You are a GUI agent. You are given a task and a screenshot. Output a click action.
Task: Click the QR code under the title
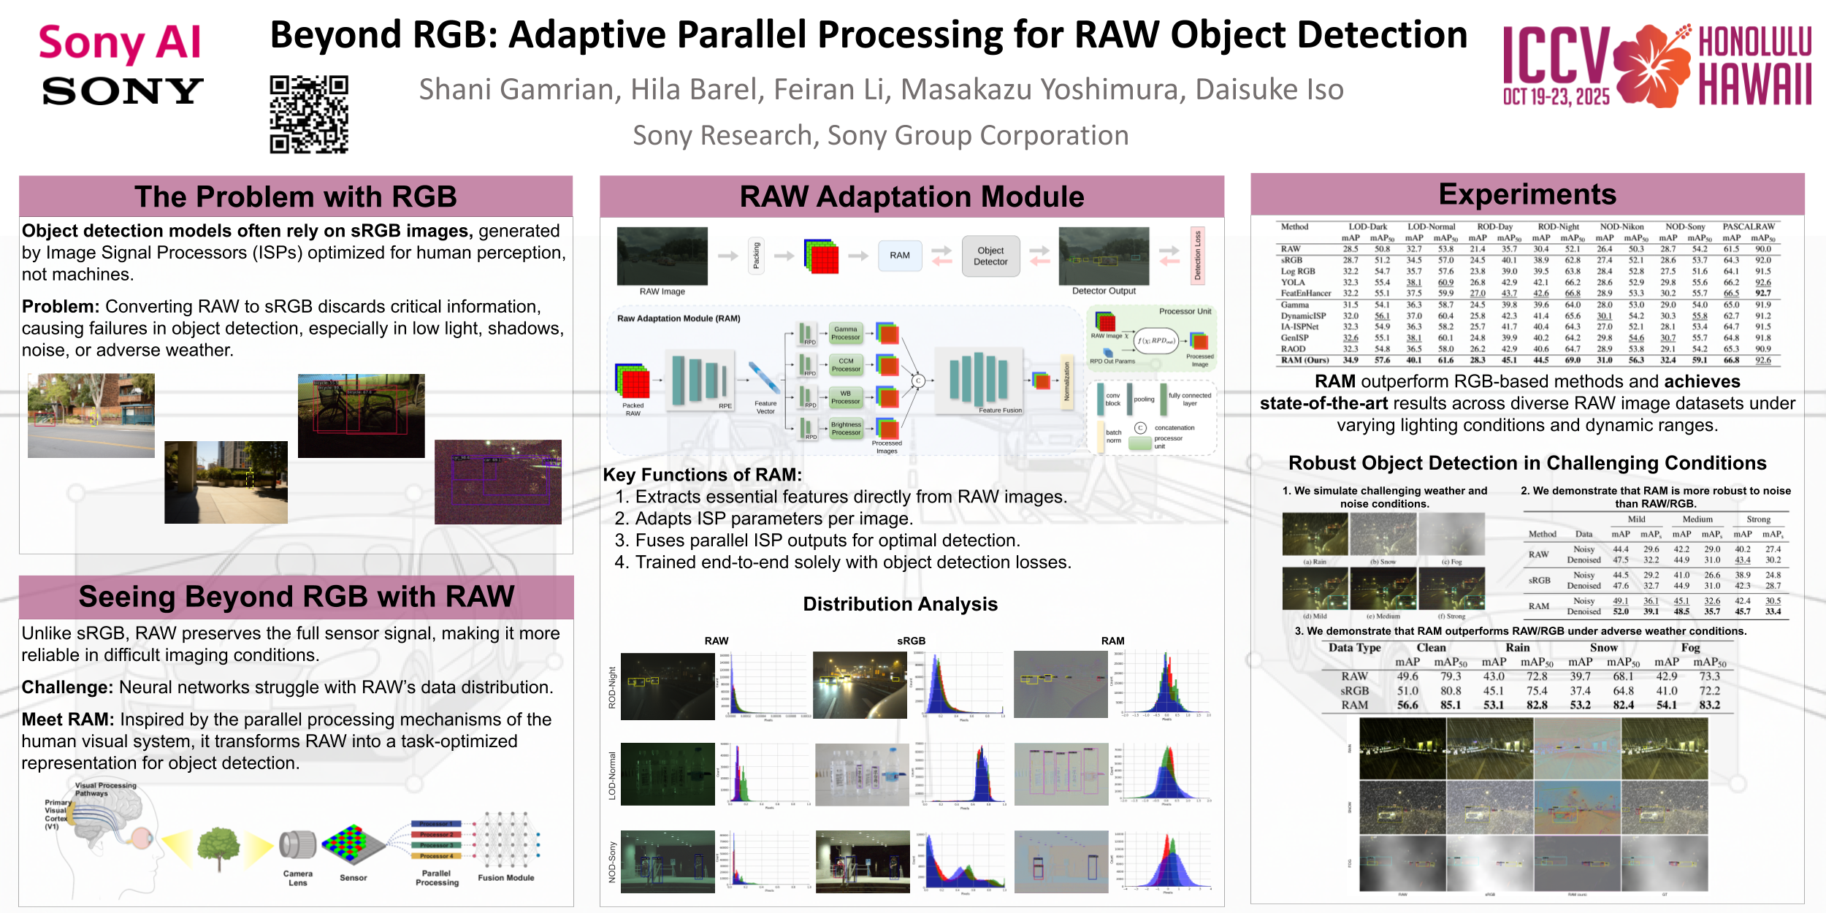tap(309, 115)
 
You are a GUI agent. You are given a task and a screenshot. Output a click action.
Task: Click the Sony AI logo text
tap(120, 42)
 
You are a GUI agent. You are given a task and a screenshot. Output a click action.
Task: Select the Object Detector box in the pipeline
tap(990, 256)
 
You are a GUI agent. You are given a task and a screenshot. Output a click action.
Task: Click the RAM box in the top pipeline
tap(899, 256)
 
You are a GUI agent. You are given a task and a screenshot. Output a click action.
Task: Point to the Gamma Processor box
tap(845, 333)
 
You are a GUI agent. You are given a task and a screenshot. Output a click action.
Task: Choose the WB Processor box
tap(845, 397)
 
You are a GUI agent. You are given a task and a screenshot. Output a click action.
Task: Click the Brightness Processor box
tap(845, 429)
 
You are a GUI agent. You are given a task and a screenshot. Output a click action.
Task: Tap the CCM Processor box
tap(845, 365)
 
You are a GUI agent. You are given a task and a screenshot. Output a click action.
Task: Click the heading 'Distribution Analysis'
tap(900, 604)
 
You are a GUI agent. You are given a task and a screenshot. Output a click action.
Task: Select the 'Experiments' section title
tap(1527, 194)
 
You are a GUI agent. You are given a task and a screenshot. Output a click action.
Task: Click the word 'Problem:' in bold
tap(60, 307)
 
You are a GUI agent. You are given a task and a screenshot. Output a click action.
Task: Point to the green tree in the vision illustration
tap(219, 847)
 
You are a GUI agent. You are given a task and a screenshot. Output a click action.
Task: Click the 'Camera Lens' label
tap(297, 878)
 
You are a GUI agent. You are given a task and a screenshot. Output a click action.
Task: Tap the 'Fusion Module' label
tap(505, 878)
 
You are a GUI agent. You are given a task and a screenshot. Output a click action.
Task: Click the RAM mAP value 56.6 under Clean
tap(1407, 706)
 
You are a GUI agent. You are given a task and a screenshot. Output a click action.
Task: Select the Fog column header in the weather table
tap(1690, 648)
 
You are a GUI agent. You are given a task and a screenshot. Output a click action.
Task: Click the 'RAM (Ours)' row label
tap(1304, 360)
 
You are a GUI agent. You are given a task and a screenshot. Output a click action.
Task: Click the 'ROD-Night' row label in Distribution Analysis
tap(612, 687)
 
